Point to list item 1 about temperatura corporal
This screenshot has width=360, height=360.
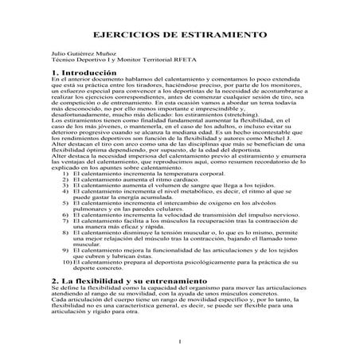pyautogui.click(x=140, y=172)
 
